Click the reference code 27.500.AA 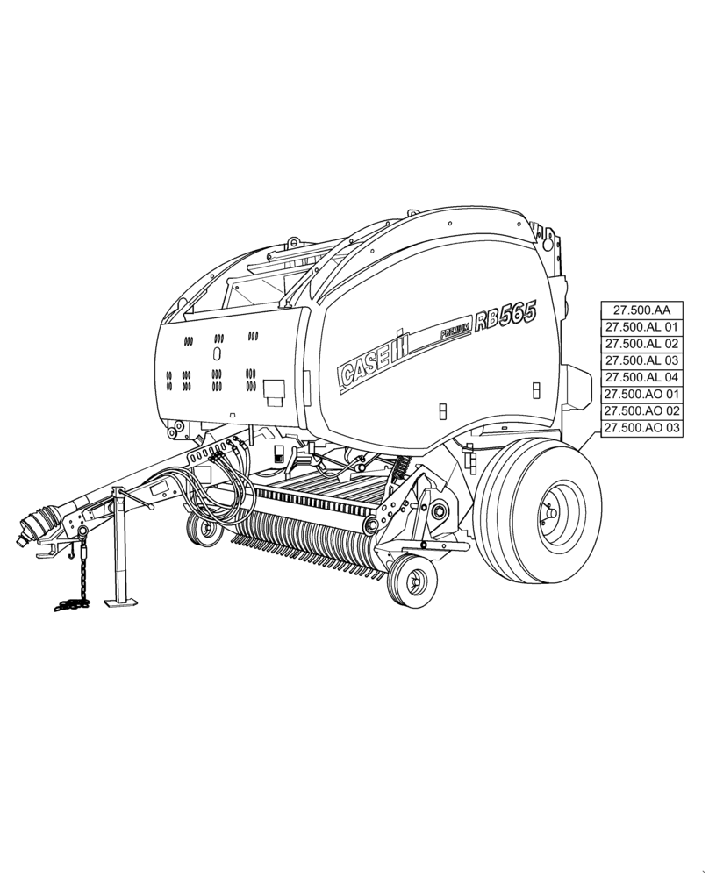641,310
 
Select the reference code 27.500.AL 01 641,326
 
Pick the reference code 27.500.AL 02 641,343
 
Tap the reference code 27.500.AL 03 641,360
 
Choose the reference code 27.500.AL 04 641,377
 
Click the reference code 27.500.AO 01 641,394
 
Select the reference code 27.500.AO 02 641,410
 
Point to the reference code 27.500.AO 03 641,427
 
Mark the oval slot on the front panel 217,353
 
